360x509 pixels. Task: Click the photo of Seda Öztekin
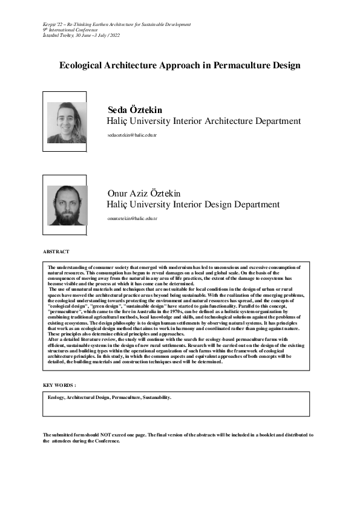67,123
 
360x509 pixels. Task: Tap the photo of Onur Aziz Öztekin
67,206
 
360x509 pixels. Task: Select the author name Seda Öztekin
135,110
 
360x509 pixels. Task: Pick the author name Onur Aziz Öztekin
143,193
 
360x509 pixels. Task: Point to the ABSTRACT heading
56,251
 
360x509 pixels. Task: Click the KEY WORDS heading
59,385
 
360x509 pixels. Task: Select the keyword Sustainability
154,398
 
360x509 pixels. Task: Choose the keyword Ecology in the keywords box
56,398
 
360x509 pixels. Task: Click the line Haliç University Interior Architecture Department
203,122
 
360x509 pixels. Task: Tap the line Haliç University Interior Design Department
193,205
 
